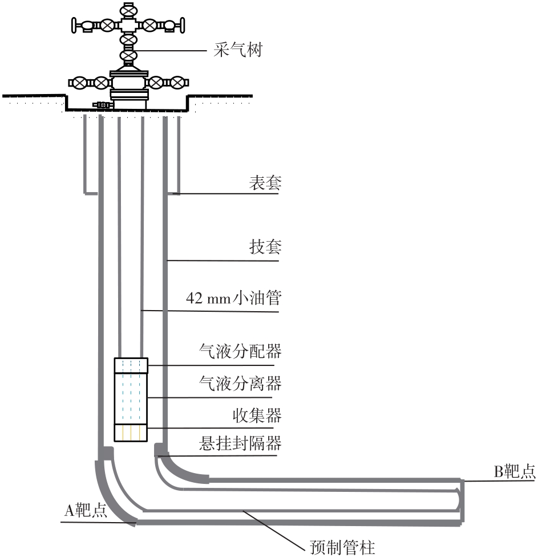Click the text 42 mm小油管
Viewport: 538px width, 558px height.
[233, 298]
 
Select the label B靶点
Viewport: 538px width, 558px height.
[514, 471]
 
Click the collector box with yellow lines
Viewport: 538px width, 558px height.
[131, 433]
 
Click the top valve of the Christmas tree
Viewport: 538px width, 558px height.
[129, 10]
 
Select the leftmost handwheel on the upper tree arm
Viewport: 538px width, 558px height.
[74, 25]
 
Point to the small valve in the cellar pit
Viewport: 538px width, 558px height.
[102, 105]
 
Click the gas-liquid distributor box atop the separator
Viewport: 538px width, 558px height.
[131, 365]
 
